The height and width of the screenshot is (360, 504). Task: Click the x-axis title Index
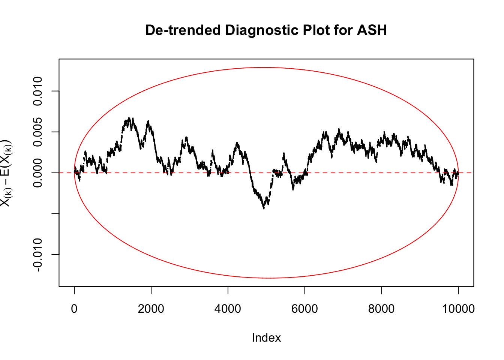[266, 337]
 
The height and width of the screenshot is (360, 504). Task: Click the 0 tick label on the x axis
[74, 309]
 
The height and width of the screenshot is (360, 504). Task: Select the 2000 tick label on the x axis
[151, 309]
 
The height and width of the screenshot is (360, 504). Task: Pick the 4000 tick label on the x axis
[228, 309]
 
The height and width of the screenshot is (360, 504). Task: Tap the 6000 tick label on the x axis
[304, 309]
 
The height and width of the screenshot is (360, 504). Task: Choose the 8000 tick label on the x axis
[381, 309]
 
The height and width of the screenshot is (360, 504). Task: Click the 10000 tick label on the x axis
[458, 309]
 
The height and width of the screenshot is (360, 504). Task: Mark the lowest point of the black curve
[264, 208]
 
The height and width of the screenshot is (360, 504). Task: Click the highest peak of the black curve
[129, 118]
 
